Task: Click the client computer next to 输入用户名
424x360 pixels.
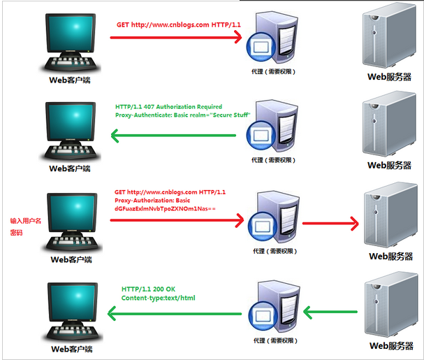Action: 71,222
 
